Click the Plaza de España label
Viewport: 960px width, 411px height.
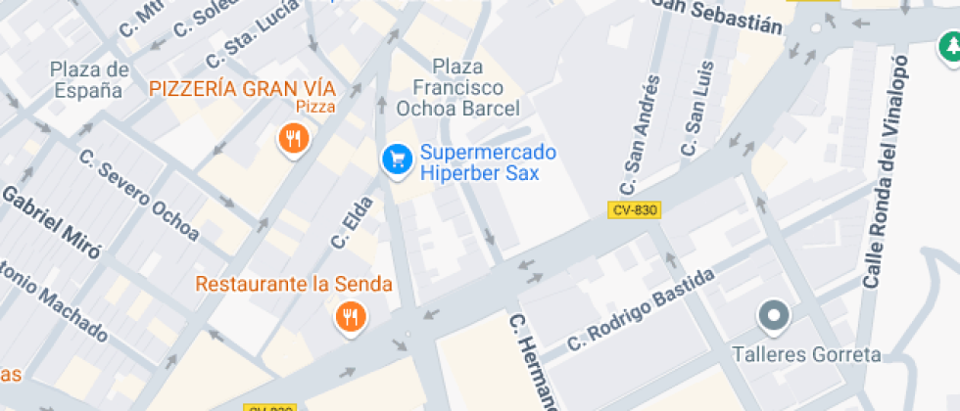(x=89, y=79)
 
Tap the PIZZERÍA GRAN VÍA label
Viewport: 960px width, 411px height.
(x=234, y=88)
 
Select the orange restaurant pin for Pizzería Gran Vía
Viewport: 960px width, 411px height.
(x=293, y=138)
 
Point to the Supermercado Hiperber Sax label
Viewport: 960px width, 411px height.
(x=487, y=162)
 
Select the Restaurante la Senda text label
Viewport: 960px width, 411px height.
(x=294, y=285)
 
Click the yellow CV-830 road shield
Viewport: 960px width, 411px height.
(x=634, y=209)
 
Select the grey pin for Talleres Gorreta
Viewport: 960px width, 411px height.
(x=775, y=315)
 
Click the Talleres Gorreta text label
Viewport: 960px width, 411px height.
(x=807, y=354)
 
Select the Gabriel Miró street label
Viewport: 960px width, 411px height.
(x=51, y=221)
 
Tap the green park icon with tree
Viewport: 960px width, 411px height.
(x=949, y=46)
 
